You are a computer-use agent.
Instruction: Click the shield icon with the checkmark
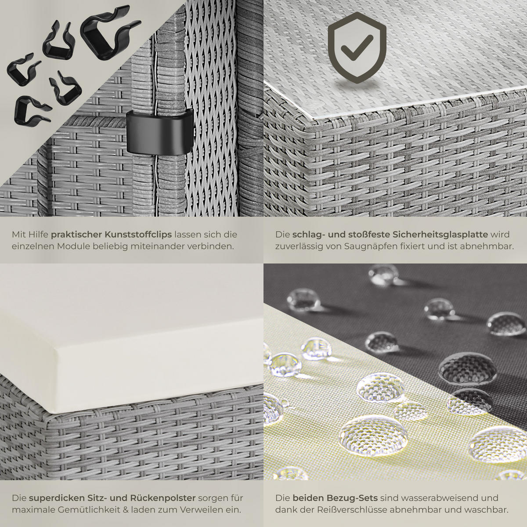(357, 47)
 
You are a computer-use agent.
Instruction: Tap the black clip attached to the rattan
(159, 131)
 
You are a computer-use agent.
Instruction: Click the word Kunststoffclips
(138, 235)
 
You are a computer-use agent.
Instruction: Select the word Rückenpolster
(163, 498)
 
